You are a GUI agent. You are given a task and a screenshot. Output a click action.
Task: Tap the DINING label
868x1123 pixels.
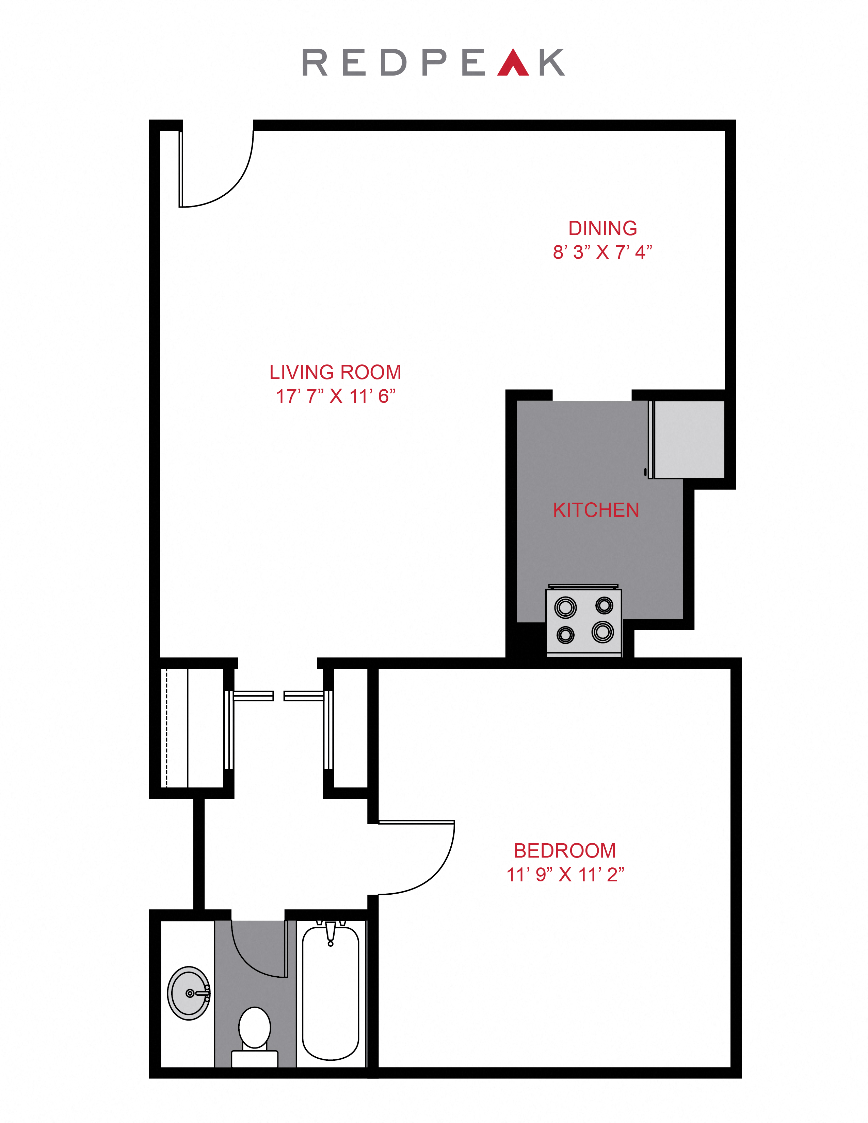[602, 228]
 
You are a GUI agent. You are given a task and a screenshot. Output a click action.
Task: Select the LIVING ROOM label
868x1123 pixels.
[335, 372]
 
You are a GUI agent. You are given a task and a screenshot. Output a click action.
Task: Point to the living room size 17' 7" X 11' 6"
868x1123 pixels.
[336, 396]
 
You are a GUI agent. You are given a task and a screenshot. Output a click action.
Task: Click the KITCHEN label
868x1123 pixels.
[596, 510]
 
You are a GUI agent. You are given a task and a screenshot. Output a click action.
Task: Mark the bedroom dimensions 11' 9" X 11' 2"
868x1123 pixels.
[565, 875]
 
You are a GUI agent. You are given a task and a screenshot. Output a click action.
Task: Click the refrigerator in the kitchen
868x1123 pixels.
[687, 440]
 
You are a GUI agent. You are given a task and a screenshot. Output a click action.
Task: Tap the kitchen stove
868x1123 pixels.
[584, 621]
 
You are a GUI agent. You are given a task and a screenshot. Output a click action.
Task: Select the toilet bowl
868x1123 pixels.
[255, 1029]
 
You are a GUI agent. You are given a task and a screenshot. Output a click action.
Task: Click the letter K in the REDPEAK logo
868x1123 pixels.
[552, 63]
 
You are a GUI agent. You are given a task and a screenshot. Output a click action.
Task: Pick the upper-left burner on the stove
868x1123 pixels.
[565, 607]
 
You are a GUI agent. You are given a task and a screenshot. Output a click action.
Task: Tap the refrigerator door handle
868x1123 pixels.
[645, 472]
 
